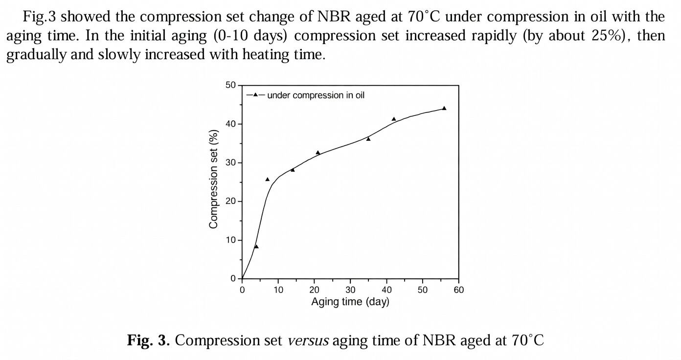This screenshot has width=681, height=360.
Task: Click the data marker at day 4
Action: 256,247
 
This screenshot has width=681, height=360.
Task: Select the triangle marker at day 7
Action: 268,180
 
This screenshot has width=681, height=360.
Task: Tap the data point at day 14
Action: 293,170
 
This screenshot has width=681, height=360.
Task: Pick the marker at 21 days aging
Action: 318,153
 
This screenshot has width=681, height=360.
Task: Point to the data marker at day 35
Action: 368,139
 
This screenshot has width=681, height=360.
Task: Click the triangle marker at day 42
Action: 394,119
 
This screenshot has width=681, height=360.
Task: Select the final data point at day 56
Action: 444,108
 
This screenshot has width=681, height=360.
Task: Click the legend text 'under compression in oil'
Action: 316,95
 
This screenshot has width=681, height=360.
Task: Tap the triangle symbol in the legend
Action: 255,95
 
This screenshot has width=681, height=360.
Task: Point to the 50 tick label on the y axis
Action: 230,86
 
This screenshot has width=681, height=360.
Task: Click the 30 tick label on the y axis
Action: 230,163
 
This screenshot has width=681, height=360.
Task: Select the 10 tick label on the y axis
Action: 230,240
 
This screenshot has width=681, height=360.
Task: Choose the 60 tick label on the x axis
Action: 458,290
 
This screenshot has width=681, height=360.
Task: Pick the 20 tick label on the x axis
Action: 314,290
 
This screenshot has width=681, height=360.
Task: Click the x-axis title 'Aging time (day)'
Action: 350,302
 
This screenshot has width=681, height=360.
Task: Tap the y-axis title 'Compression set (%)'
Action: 213,179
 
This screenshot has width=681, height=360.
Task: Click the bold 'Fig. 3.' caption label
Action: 148,340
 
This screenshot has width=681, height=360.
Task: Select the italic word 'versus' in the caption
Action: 308,340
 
